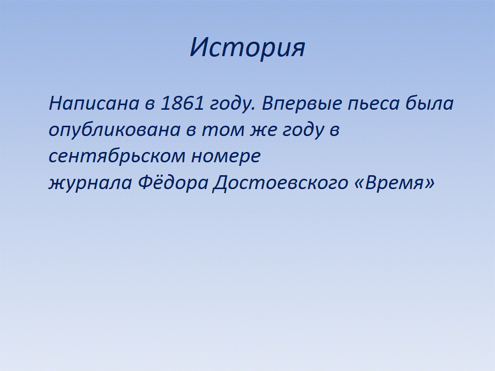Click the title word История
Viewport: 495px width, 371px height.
pyautogui.click(x=247, y=47)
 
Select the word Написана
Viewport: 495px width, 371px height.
pyautogui.click(x=94, y=103)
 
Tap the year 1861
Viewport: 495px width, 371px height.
pyautogui.click(x=182, y=103)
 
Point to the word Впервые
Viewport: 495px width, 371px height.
pyautogui.click(x=302, y=103)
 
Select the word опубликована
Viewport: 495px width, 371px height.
pyautogui.click(x=114, y=130)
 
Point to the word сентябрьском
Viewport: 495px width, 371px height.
pyautogui.click(x=117, y=156)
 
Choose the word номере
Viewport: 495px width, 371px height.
pyautogui.click(x=226, y=157)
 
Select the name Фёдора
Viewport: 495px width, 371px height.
pyautogui.click(x=173, y=182)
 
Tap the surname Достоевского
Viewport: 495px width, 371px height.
pyautogui.click(x=280, y=183)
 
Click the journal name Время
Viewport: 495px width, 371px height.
pyautogui.click(x=394, y=182)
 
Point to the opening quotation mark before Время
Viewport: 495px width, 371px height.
pyautogui.click(x=360, y=183)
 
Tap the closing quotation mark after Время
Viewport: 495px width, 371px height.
pyautogui.click(x=430, y=183)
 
